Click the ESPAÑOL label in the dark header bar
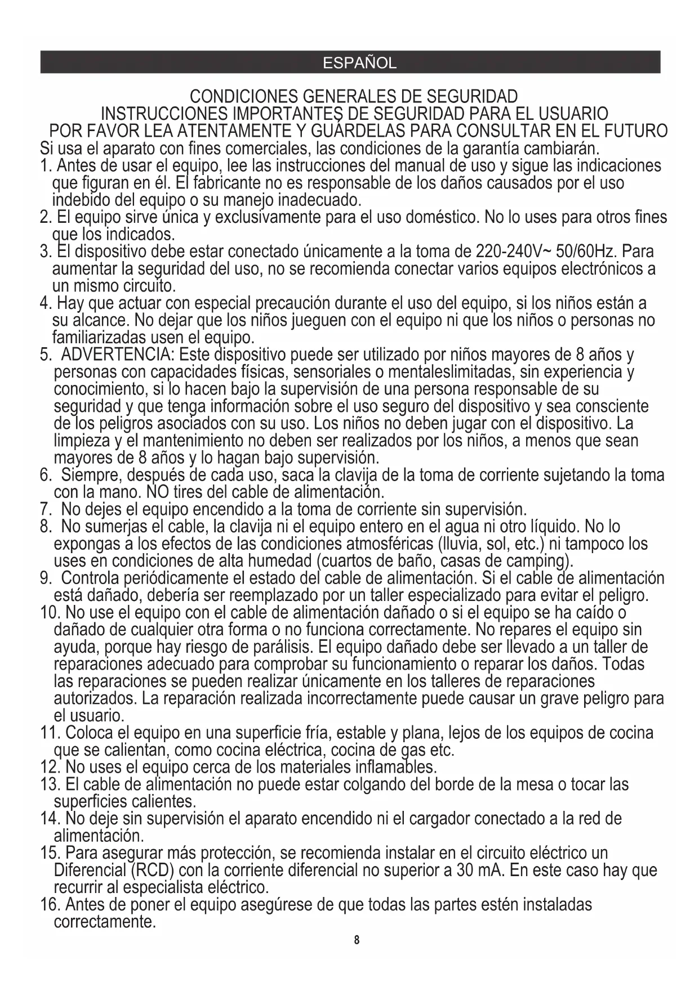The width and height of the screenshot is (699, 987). (359, 63)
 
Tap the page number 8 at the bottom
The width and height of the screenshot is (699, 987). (356, 940)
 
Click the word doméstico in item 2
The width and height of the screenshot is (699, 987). (436, 217)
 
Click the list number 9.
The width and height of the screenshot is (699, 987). (46, 578)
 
